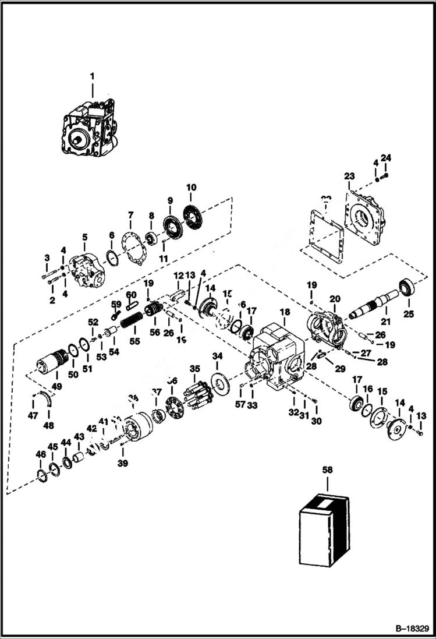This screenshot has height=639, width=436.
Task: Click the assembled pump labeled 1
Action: click(x=90, y=130)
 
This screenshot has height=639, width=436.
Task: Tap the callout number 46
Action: click(x=40, y=454)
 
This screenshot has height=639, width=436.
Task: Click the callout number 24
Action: click(x=386, y=157)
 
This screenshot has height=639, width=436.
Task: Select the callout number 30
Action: click(x=316, y=422)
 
